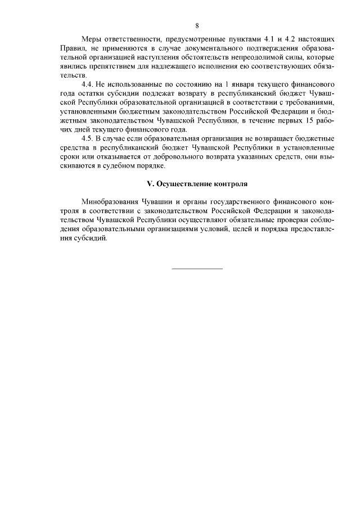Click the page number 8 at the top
tap(197, 25)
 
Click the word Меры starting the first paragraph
tap(92, 39)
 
